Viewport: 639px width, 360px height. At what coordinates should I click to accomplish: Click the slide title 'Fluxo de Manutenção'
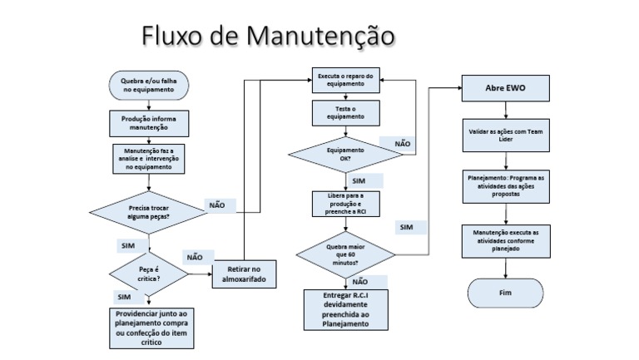(267, 35)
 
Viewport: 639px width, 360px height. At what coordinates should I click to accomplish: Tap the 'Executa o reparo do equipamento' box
(345, 80)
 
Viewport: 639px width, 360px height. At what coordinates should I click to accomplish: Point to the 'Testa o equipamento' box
(345, 114)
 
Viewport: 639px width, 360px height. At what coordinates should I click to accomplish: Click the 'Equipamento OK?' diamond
(345, 153)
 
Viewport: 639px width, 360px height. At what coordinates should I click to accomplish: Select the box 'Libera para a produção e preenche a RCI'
(345, 205)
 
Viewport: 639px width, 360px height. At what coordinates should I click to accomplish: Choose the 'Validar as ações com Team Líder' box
(505, 136)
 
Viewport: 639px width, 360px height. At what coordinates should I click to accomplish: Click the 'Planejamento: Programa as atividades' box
(505, 185)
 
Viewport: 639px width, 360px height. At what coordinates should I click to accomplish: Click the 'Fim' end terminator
(505, 293)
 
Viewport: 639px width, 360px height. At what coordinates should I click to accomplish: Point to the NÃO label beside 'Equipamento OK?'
(402, 144)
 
